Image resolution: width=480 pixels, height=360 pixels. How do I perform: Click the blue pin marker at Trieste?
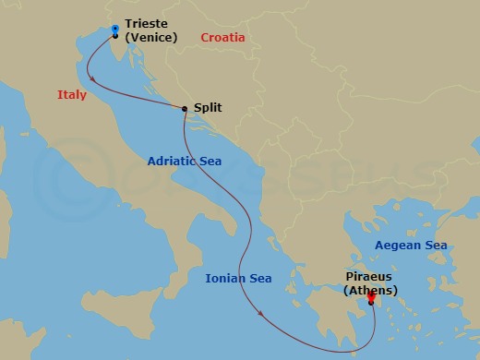pos(114,30)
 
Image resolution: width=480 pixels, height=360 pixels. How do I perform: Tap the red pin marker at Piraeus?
pos(370,297)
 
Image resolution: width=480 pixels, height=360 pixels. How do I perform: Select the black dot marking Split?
pos(186,108)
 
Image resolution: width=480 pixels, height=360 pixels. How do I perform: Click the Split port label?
pos(208,107)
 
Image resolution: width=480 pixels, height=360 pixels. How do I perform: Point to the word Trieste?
pos(147,23)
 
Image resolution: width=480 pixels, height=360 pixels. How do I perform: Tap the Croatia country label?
pos(222,38)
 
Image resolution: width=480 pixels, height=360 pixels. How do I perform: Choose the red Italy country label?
pos(71,94)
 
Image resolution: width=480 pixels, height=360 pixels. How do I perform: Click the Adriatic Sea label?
pos(186,161)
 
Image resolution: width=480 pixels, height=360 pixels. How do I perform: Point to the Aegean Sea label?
pos(410,245)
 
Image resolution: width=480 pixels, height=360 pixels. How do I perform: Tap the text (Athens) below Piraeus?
pos(370,291)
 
